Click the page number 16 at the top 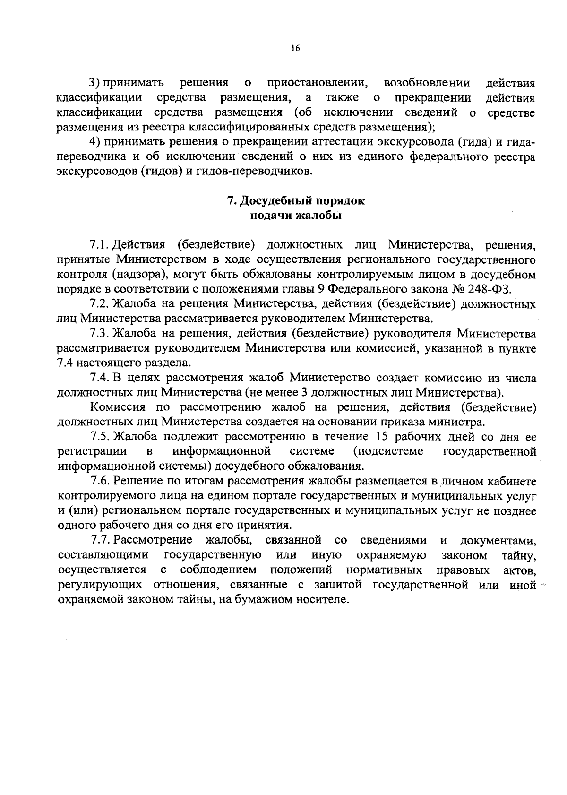[x=296, y=48]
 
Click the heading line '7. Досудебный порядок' [x=296, y=201]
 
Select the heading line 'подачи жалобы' [x=296, y=216]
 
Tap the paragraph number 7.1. [x=100, y=245]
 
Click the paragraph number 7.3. [x=100, y=334]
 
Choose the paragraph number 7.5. [x=100, y=436]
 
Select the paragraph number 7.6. [x=100, y=481]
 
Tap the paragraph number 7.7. [x=100, y=540]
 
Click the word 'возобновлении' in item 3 [x=427, y=83]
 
